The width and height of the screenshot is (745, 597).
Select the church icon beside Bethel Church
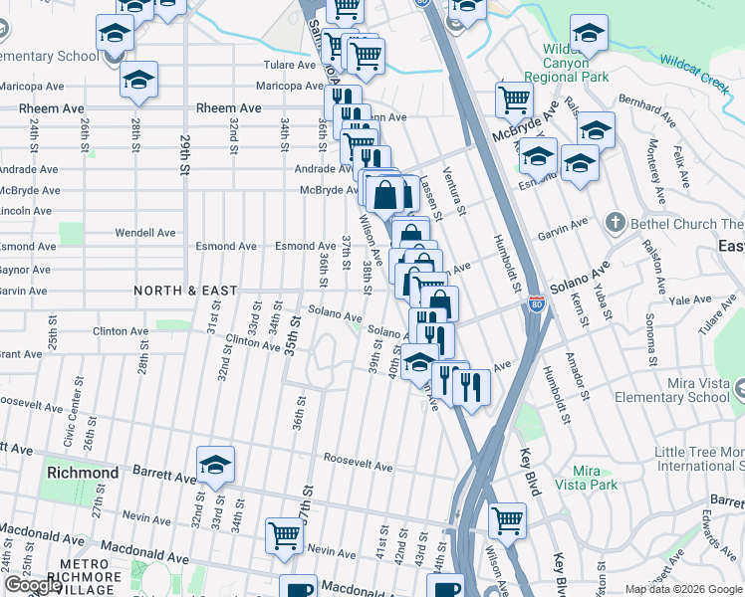click(616, 223)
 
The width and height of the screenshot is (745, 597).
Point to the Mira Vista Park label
click(594, 478)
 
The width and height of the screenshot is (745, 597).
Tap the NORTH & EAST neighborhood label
click(186, 291)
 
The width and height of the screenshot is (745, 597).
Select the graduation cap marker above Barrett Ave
click(214, 465)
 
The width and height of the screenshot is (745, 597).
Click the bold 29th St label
click(184, 155)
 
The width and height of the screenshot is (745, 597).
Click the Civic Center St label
click(70, 423)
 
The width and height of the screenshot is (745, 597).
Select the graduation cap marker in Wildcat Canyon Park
click(589, 38)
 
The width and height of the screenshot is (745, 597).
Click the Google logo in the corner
click(32, 585)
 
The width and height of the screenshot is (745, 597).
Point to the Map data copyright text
click(683, 589)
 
